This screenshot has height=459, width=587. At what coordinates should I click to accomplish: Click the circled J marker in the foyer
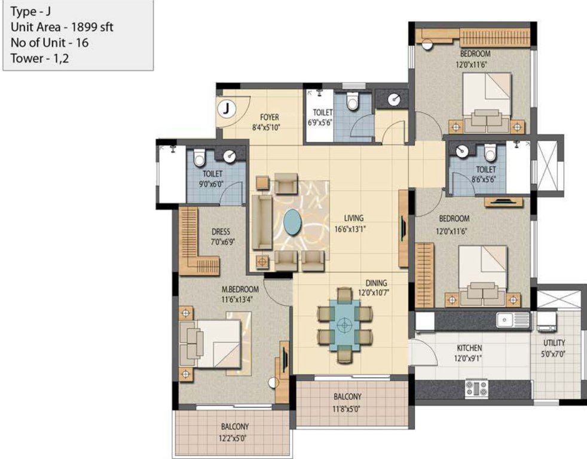[227, 109]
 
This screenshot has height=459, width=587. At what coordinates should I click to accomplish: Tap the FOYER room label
[270, 117]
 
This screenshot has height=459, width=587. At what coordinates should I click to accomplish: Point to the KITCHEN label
[469, 348]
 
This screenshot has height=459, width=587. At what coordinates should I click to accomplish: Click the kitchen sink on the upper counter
[509, 320]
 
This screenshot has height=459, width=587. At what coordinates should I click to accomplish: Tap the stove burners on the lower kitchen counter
[476, 388]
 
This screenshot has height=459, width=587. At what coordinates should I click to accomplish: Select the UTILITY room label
[554, 343]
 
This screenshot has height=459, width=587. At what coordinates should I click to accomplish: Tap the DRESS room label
[221, 232]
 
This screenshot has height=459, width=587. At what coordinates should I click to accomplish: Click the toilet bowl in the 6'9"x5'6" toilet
[352, 103]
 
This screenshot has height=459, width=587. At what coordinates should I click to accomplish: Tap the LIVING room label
[353, 218]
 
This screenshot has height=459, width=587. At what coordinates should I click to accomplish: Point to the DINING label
[377, 283]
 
